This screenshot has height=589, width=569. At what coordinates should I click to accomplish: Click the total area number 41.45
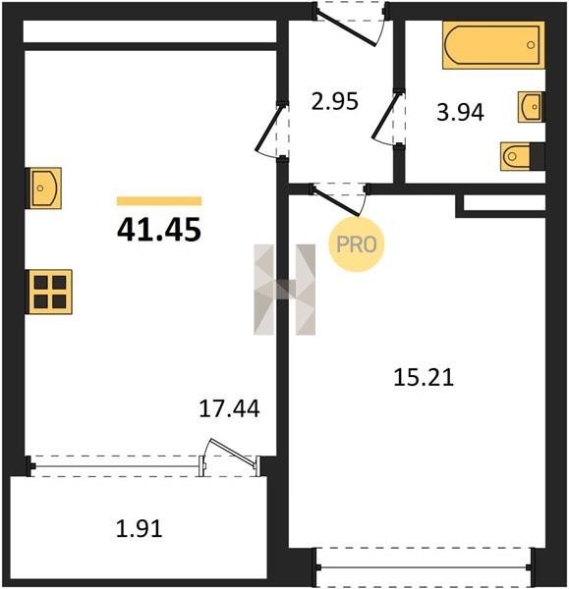pyautogui.click(x=159, y=230)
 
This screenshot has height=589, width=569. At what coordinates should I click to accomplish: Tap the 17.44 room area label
pyautogui.click(x=229, y=408)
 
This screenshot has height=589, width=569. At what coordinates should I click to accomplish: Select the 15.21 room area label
pyautogui.click(x=424, y=377)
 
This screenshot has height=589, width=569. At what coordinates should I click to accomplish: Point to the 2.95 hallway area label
pyautogui.click(x=335, y=101)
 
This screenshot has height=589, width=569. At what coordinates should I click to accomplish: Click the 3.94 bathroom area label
pyautogui.click(x=460, y=112)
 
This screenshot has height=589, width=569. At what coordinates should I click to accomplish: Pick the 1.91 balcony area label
pyautogui.click(x=140, y=528)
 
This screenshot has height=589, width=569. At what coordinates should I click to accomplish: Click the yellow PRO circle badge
pyautogui.click(x=357, y=244)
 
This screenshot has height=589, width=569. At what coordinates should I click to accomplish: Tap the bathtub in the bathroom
pyautogui.click(x=493, y=45)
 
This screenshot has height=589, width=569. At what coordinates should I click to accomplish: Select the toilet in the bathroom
pyautogui.click(x=523, y=156)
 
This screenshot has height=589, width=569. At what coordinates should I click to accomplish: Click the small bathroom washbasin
pyautogui.click(x=531, y=107)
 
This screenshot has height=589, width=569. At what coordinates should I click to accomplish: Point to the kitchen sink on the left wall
pyautogui.click(x=43, y=187)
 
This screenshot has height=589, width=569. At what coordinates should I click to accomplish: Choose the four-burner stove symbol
pyautogui.click(x=49, y=292)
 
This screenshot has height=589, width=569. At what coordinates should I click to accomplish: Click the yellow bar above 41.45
pyautogui.click(x=159, y=201)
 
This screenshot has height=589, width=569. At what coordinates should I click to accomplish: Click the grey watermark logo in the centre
pyautogui.click(x=285, y=290)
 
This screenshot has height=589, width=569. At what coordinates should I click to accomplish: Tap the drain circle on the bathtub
pyautogui.click(x=531, y=45)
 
